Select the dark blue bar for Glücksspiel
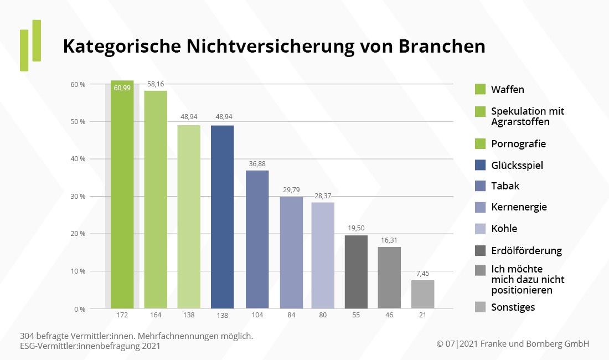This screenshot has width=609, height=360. (x=223, y=216)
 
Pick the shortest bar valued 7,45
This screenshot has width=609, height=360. (x=422, y=294)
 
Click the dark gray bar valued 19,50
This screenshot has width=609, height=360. (x=356, y=271)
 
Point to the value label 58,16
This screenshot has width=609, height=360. (x=156, y=84)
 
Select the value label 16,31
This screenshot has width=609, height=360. (x=390, y=240)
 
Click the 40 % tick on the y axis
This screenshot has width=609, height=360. (x=78, y=159)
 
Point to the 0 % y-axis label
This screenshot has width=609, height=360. (x=79, y=309)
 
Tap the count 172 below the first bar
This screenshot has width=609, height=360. (x=122, y=315)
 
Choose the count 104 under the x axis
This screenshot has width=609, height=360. (x=257, y=315)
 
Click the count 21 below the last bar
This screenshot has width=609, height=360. (x=422, y=315)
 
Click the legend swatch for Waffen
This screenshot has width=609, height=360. (x=480, y=90)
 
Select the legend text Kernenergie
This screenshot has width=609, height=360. (x=519, y=207)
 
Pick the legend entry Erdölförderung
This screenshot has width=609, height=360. (x=526, y=250)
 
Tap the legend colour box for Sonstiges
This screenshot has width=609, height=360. (x=480, y=307)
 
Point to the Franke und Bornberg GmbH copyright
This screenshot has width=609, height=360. (x=513, y=344)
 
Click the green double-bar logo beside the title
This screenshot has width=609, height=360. (x=30, y=45)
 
